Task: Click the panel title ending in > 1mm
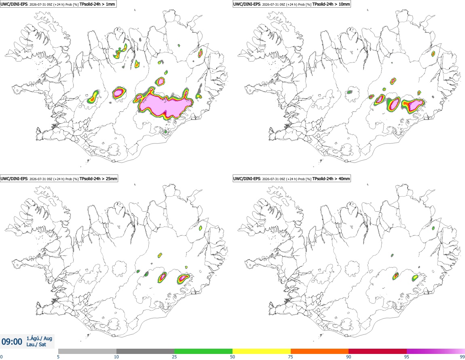(x=58, y=4)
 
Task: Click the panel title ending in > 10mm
(x=292, y=4)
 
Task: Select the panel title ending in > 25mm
(x=59, y=179)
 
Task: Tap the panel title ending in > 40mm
(x=292, y=179)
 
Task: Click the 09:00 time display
(x=12, y=342)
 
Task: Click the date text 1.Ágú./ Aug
(x=39, y=338)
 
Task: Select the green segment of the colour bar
(x=203, y=351)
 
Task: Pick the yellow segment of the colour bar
(x=262, y=351)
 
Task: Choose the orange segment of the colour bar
(x=320, y=351)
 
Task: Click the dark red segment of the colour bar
(x=378, y=351)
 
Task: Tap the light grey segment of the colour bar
(x=87, y=351)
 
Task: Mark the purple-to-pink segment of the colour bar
(x=435, y=351)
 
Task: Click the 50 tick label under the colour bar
(x=232, y=357)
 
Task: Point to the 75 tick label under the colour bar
(x=291, y=357)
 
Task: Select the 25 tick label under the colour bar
(x=174, y=357)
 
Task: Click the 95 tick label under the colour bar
(x=407, y=357)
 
